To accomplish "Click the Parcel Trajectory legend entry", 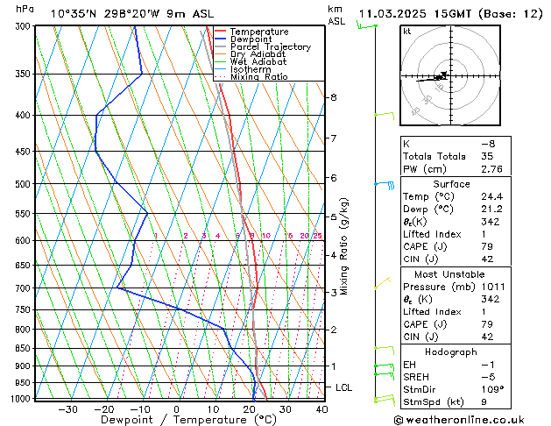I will [x=270, y=46].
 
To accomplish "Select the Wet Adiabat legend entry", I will [x=258, y=61].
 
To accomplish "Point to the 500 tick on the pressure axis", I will [x=24, y=184].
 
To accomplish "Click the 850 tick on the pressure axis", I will [x=24, y=348].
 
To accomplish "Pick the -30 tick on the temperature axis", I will [x=67, y=408].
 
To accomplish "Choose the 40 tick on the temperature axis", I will [x=321, y=408].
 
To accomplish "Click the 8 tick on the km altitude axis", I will [x=334, y=97].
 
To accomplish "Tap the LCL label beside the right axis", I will [x=345, y=387].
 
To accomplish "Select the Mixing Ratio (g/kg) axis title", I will [x=344, y=246].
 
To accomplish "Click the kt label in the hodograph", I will [x=407, y=32].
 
